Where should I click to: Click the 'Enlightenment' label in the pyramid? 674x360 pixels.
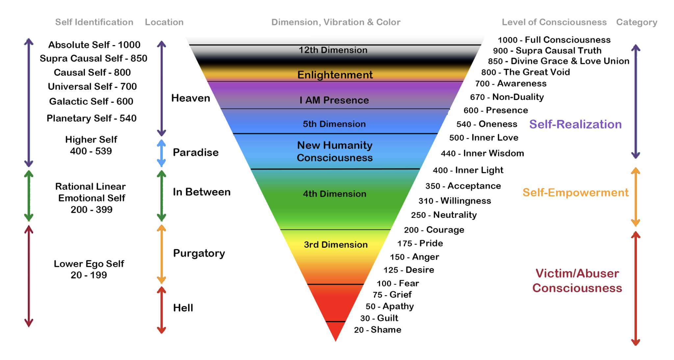click(335, 75)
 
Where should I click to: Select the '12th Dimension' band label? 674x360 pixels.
click(333, 50)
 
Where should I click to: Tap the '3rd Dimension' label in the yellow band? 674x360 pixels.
click(335, 244)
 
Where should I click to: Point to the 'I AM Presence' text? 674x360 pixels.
click(334, 100)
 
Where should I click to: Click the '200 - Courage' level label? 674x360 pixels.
click(434, 230)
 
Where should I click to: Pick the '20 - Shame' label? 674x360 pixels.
click(377, 330)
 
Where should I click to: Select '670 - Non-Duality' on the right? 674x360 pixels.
click(507, 97)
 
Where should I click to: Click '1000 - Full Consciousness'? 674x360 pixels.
click(554, 40)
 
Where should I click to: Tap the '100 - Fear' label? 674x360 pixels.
click(398, 283)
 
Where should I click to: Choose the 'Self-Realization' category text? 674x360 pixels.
click(575, 124)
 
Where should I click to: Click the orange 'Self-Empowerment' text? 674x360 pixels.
click(575, 193)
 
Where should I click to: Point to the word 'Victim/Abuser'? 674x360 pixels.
click(577, 273)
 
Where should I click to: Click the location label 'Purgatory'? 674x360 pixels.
click(199, 253)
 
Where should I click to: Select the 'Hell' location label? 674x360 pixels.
click(183, 308)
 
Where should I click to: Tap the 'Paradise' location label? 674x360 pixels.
click(195, 152)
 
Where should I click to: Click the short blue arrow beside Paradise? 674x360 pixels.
click(161, 153)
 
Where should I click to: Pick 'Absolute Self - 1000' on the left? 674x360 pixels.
click(94, 45)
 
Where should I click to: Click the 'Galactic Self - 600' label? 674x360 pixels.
click(91, 101)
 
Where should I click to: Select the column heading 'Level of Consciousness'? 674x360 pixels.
click(554, 22)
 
